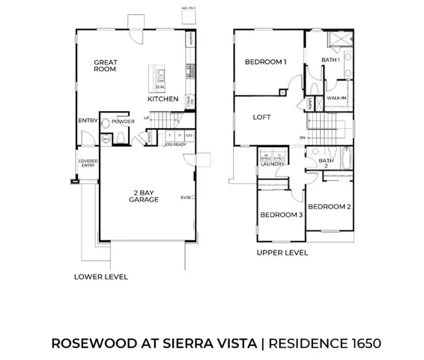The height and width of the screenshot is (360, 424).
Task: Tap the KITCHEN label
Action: pyautogui.click(x=163, y=99)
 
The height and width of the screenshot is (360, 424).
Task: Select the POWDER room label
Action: pyautogui.click(x=124, y=120)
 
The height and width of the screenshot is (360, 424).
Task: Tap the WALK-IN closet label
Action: pyautogui.click(x=336, y=97)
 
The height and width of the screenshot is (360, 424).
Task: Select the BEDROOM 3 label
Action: pyautogui.click(x=281, y=215)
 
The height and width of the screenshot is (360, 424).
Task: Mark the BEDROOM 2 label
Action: pyautogui.click(x=329, y=205)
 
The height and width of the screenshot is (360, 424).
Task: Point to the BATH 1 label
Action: pyautogui.click(x=330, y=59)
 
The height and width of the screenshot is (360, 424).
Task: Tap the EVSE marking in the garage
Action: pyautogui.click(x=184, y=198)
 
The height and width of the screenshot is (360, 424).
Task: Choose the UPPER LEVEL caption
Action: pyautogui.click(x=282, y=253)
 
